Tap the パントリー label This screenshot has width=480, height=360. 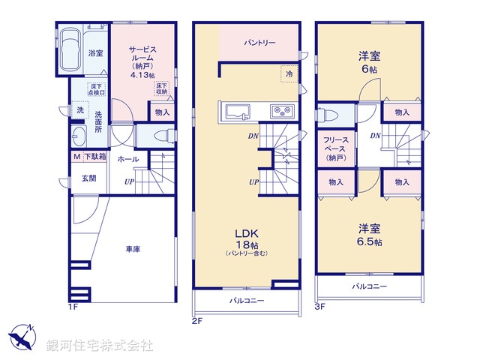pos(259,43)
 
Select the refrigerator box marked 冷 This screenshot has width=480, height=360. pos(289,73)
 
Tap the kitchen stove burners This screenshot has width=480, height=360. pos(283,112)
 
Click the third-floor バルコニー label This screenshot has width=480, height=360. pos(370,286)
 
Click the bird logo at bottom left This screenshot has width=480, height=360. pos(22,337)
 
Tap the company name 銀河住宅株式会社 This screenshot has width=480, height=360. pos(100,346)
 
